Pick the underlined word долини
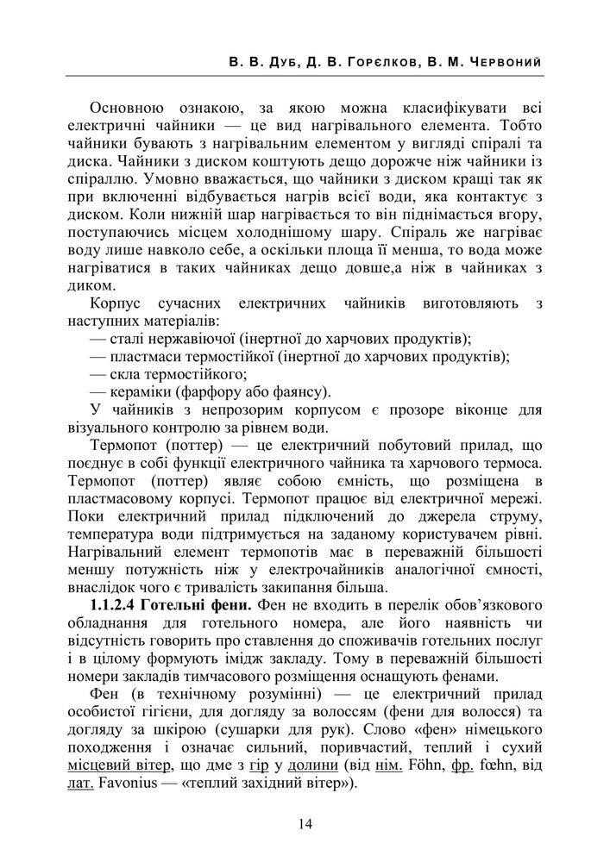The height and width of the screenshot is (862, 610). coord(312,767)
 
